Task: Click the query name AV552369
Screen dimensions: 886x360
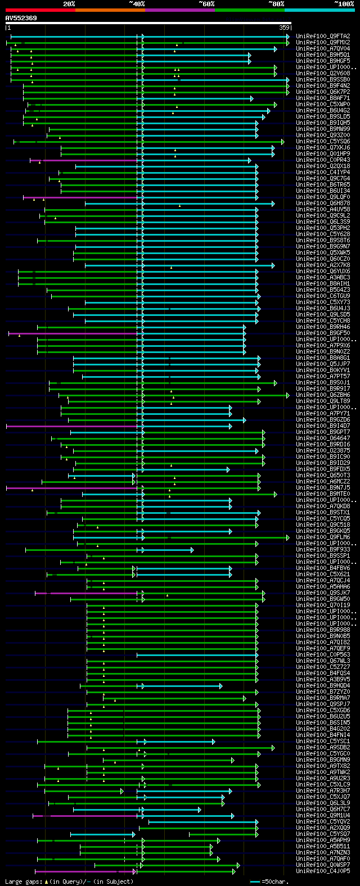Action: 21,18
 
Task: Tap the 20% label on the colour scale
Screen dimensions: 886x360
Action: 69,4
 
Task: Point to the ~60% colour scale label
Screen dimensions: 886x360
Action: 206,4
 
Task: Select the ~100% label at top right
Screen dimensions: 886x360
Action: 344,4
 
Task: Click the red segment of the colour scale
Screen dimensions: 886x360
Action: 40,10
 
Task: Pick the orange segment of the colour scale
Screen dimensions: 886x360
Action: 110,10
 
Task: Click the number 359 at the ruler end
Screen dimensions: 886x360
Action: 284,28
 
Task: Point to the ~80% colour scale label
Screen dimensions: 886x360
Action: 276,4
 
